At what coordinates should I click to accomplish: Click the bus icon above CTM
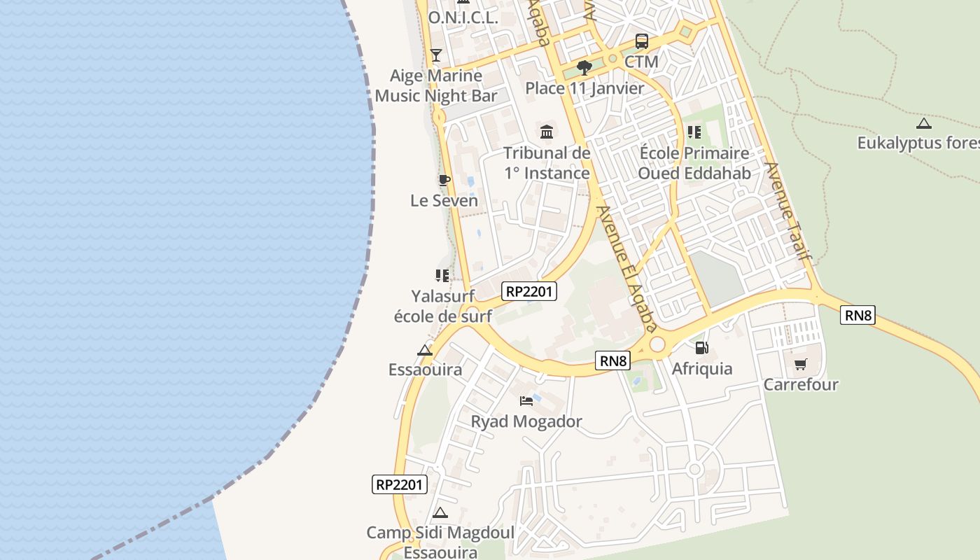(641, 41)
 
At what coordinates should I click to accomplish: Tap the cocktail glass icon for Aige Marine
(436, 55)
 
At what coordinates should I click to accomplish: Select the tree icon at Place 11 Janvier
(584, 68)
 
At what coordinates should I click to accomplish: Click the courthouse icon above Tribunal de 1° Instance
(547, 132)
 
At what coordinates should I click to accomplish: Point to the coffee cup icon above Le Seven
(444, 181)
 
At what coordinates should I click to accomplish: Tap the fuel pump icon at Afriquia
(701, 348)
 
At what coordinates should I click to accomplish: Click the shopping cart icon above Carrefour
(800, 364)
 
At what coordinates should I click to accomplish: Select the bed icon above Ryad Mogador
(526, 401)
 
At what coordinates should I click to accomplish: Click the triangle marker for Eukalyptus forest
(924, 124)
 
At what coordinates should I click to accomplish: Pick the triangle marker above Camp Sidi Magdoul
(440, 512)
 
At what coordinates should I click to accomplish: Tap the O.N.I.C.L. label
(463, 18)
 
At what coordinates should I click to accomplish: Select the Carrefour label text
(801, 384)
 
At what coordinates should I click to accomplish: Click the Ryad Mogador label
(526, 421)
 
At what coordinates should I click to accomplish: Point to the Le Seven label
(444, 201)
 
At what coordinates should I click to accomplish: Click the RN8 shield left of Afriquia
(613, 360)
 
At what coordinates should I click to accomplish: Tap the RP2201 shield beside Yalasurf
(529, 291)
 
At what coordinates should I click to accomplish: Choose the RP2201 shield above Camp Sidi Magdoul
(400, 484)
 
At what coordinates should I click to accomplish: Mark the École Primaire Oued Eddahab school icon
(694, 132)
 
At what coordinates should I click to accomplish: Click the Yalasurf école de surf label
(442, 306)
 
